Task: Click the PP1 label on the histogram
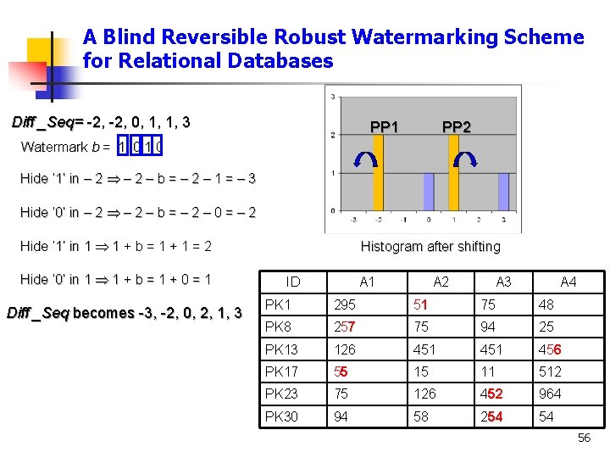tap(385, 127)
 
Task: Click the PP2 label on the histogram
tap(457, 127)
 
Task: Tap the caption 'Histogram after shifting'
tap(430, 247)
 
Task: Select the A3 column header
tap(503, 282)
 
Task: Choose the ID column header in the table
tap(293, 282)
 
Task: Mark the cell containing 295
tap(345, 304)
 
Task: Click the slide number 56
tap(584, 438)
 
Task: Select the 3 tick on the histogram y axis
tap(332, 96)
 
